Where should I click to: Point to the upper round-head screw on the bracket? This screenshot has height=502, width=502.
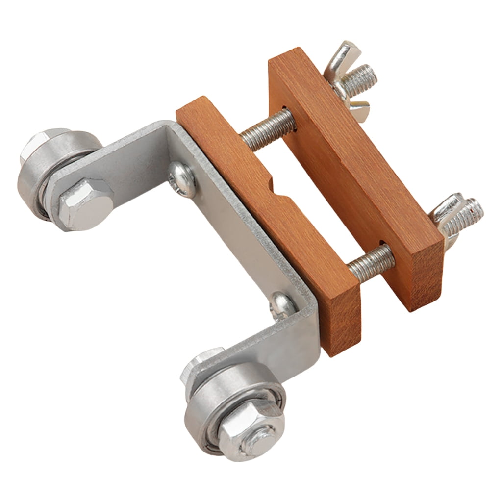[181, 179]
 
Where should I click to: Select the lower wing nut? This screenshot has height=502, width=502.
[449, 216]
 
